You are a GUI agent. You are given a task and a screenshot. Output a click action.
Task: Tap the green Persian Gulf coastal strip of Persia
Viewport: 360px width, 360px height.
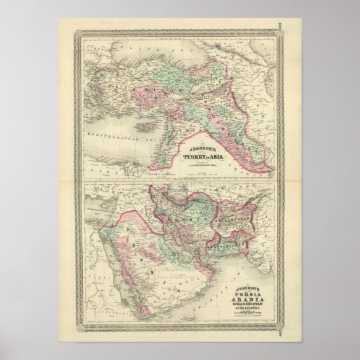[x=204, y=234]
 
